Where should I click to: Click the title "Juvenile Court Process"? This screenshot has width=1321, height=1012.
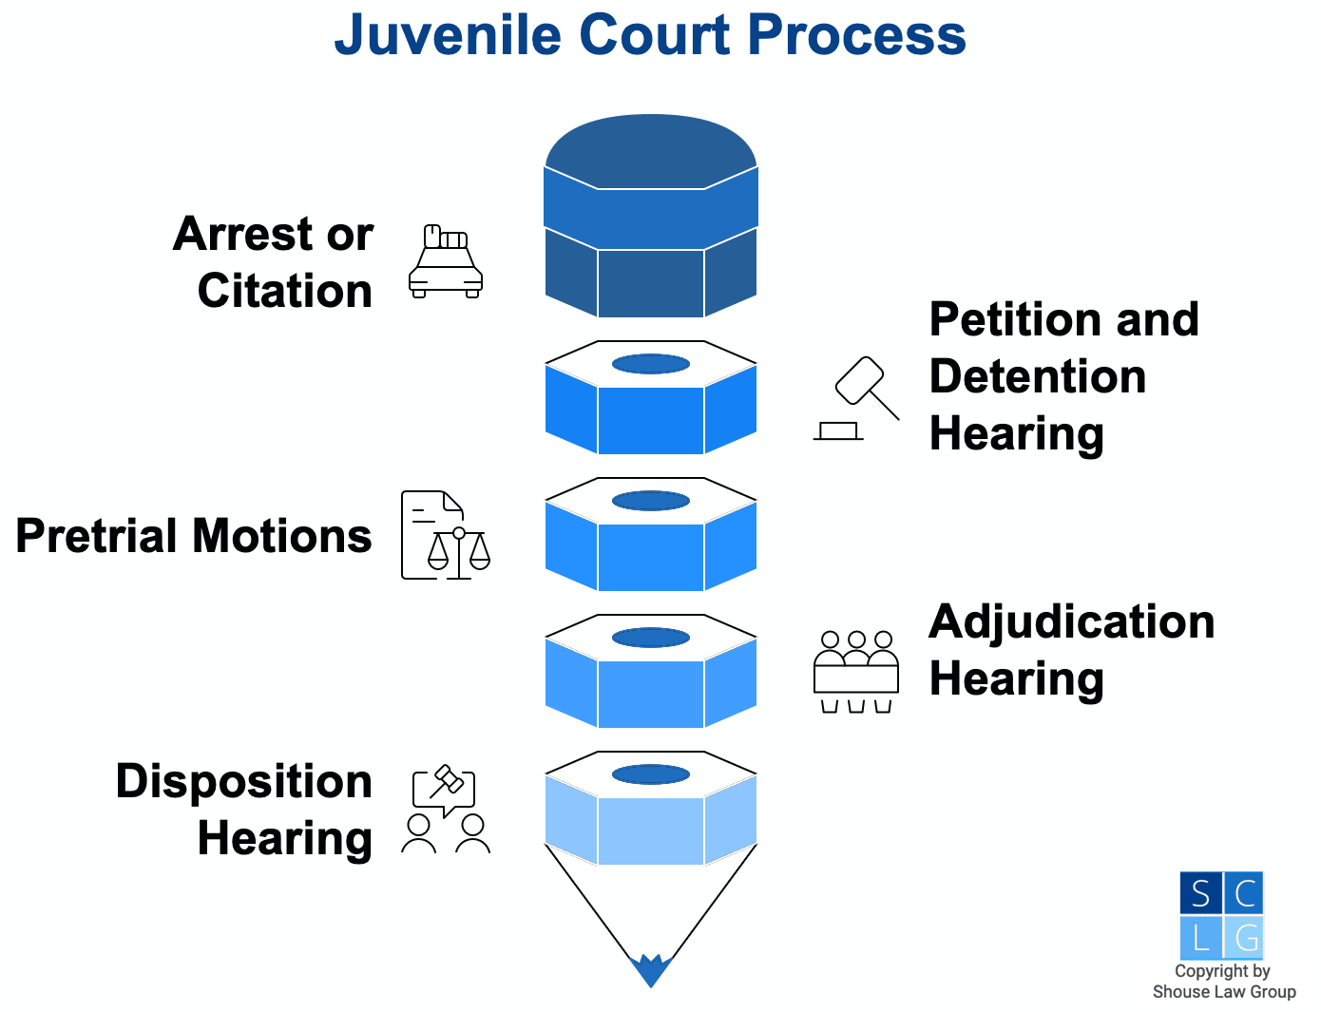[650, 36]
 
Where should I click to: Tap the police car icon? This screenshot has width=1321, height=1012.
[446, 262]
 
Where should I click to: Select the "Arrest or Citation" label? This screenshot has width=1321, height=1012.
[274, 262]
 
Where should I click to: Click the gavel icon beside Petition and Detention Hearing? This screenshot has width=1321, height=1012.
[856, 399]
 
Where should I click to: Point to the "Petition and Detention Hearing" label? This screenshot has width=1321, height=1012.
[1063, 376]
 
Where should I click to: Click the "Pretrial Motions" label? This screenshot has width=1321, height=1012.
[194, 536]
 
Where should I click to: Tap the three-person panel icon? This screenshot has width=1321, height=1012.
[855, 672]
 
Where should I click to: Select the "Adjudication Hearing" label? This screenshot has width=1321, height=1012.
[1071, 650]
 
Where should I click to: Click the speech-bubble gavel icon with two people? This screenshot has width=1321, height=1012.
[445, 809]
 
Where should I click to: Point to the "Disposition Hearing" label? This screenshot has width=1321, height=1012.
[244, 810]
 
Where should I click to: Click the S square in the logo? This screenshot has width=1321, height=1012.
[1200, 893]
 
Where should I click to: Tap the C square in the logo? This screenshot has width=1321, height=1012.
[1244, 893]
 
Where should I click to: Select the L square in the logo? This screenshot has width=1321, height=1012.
[1200, 938]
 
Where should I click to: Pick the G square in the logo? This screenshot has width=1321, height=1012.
[1244, 938]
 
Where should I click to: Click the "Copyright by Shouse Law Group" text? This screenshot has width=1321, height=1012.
[1223, 982]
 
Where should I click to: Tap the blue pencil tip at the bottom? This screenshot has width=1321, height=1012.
[651, 971]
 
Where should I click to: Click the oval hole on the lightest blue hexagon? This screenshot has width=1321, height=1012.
[651, 774]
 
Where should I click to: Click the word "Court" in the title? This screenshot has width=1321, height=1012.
[654, 36]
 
